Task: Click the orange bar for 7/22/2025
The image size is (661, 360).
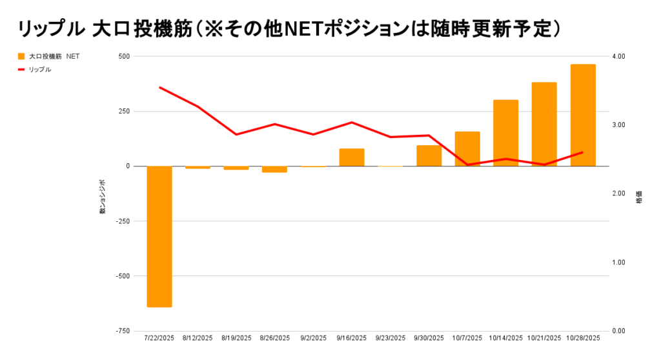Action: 159,236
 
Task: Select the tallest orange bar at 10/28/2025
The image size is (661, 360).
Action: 583,115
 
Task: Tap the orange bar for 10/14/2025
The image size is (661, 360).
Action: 506,133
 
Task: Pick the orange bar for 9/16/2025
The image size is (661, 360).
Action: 352,157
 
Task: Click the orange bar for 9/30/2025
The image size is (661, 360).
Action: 429,155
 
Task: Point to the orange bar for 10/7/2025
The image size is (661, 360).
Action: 467,149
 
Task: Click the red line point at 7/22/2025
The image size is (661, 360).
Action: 159,87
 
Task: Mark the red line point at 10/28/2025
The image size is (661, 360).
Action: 583,152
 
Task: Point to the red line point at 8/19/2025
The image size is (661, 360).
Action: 236,134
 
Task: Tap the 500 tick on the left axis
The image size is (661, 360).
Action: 123,57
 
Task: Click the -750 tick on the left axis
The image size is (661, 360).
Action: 121,331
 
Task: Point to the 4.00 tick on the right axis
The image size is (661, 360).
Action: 619,57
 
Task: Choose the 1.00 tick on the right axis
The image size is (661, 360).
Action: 619,263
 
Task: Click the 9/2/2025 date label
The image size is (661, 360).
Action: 313,338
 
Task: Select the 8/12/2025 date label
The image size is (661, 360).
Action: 198,338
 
